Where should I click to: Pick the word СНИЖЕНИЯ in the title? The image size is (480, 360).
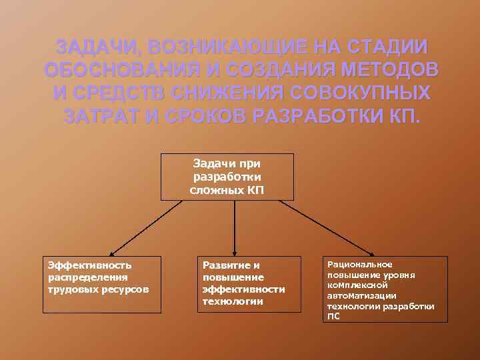pyautogui.click(x=243, y=92)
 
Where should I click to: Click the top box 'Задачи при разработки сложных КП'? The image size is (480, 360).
pyautogui.click(x=227, y=177)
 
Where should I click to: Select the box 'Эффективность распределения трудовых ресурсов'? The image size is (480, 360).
pyautogui.click(x=102, y=284)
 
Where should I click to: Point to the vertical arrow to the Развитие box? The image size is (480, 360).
pyautogui.click(x=233, y=227)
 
